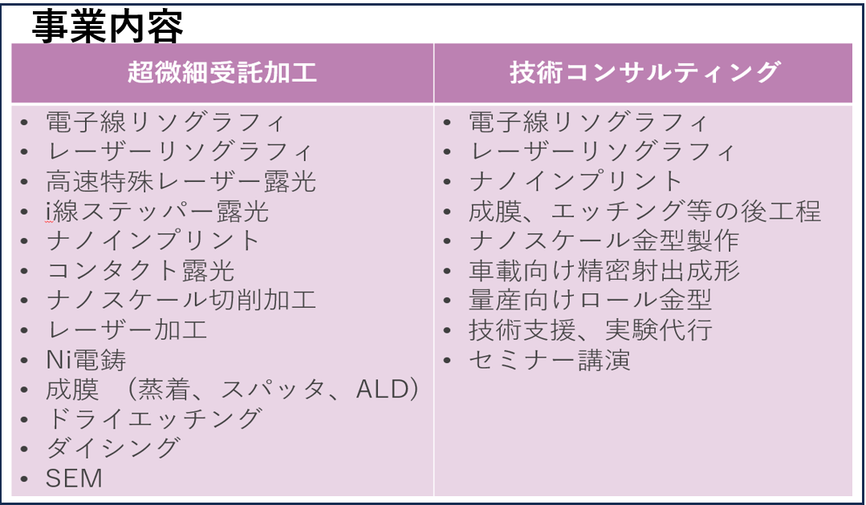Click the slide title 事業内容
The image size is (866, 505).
point(107,26)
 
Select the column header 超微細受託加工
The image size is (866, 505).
point(222,72)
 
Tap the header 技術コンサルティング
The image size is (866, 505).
point(644,72)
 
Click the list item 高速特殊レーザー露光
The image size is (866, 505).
point(181,181)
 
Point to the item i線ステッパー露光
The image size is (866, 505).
point(157,211)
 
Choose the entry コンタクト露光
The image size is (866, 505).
point(140,271)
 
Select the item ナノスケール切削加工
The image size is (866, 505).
point(181,301)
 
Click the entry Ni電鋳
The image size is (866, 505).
point(86,360)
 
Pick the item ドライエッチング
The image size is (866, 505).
point(154,419)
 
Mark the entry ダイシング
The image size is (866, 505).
point(113,448)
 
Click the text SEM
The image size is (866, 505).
point(74,478)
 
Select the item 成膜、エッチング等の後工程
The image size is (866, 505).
point(644,211)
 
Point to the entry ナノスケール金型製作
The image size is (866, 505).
point(604,241)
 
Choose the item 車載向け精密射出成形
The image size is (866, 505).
point(604,271)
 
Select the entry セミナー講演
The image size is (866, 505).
point(550,360)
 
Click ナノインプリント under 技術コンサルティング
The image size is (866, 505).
point(576,181)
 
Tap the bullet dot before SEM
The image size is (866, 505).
point(24,479)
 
